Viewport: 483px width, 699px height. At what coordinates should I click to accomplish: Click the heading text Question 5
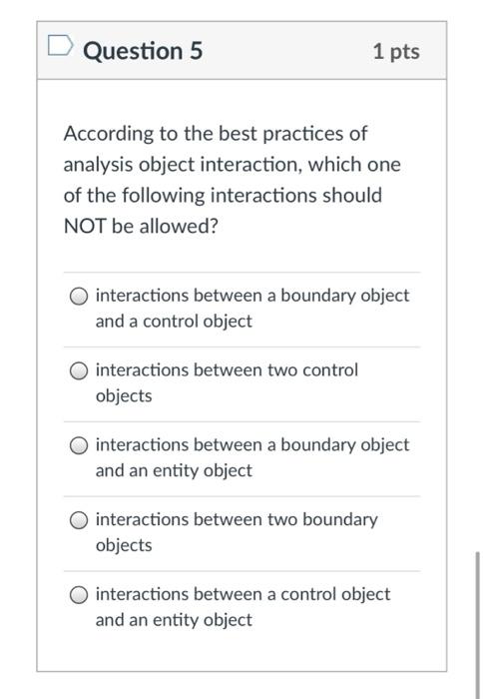(x=143, y=50)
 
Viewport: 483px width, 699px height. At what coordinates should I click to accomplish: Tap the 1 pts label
(x=396, y=51)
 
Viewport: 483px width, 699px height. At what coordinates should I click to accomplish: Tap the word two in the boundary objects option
(x=280, y=520)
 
